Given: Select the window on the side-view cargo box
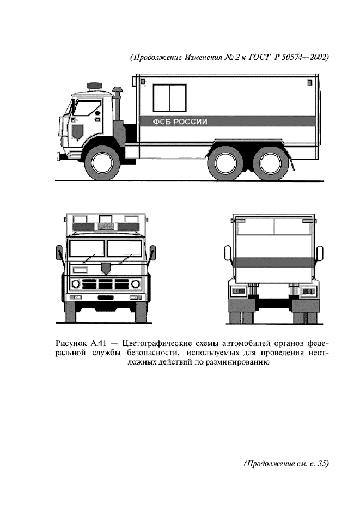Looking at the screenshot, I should (x=170, y=98).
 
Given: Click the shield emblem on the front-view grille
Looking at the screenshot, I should (x=105, y=268).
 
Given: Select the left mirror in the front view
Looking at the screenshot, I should (x=58, y=253).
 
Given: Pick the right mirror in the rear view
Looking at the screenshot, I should (x=320, y=254).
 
